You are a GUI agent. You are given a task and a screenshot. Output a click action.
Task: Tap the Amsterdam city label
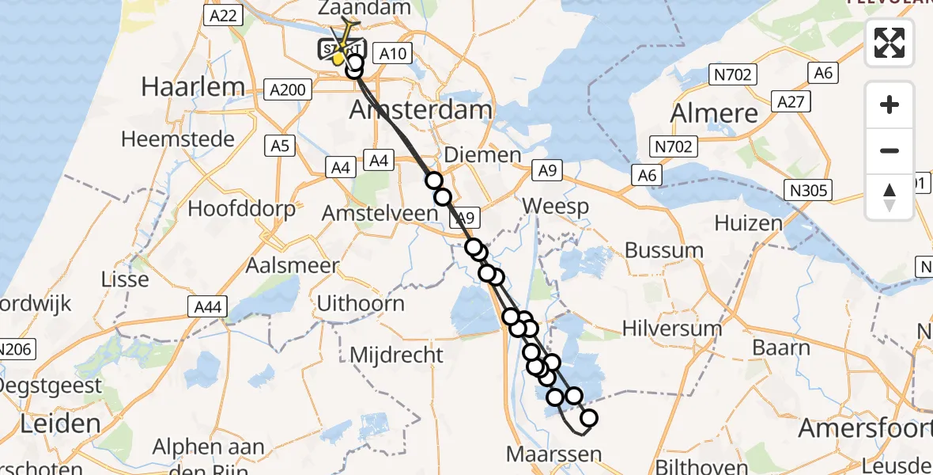(x=421, y=110)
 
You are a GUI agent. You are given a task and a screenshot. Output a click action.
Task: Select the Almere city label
(x=715, y=113)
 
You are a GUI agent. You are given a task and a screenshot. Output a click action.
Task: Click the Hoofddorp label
(x=242, y=209)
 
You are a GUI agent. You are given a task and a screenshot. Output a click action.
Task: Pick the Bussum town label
(x=663, y=250)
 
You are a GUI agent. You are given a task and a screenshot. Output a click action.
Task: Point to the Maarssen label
(x=553, y=455)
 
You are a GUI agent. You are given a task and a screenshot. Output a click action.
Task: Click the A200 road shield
(x=287, y=89)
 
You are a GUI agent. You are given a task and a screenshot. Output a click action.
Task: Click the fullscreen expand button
(x=890, y=43)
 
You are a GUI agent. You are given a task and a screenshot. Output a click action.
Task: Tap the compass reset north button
(x=890, y=197)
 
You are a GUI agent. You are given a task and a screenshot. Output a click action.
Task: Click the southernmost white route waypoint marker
(x=588, y=419)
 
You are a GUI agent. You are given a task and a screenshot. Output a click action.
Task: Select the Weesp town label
(x=556, y=207)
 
